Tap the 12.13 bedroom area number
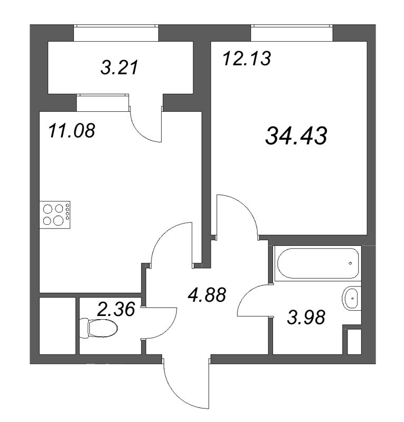(x=247, y=58)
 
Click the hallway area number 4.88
(x=207, y=294)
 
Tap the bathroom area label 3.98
(x=305, y=318)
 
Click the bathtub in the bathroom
(x=317, y=263)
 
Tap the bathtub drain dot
(x=350, y=262)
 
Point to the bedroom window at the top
(x=292, y=33)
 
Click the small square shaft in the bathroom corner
(x=354, y=342)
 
